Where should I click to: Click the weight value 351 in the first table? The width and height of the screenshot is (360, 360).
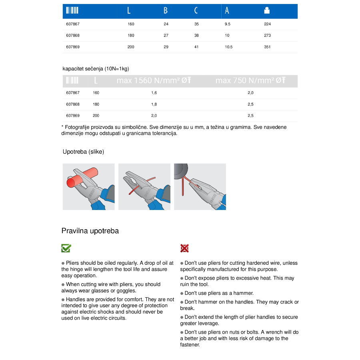[267, 47]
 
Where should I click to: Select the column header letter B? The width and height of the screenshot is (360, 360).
[166, 11]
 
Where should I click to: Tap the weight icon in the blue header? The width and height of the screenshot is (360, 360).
[267, 11]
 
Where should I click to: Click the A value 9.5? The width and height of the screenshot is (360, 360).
[228, 24]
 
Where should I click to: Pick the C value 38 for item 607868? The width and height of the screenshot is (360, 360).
[196, 35]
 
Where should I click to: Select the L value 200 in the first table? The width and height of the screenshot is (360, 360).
[131, 47]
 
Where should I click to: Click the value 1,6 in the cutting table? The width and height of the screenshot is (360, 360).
[154, 92]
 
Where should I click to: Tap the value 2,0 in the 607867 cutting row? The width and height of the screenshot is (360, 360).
[250, 92]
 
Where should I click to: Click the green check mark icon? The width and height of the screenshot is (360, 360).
[66, 248]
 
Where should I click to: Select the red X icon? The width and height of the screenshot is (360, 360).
[184, 248]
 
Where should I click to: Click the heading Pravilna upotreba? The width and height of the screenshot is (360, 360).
[90, 231]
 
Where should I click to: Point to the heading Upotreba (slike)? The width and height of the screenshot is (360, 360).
[83, 152]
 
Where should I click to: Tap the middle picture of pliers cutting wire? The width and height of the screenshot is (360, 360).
[144, 186]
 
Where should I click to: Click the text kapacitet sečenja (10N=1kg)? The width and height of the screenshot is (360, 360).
[96, 69]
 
